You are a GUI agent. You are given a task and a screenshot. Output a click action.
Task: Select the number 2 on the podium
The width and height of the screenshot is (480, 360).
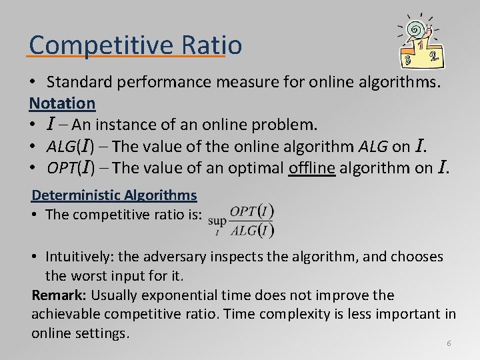pos(434,58)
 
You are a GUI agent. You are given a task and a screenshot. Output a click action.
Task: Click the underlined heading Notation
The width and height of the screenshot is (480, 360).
pos(62,103)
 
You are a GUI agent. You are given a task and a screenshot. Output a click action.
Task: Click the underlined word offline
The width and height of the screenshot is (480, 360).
pos(312,167)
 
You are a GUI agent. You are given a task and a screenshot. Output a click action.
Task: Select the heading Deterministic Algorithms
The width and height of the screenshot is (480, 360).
pos(115,195)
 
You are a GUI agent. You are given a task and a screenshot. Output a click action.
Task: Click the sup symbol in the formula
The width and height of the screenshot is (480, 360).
pos(217,219)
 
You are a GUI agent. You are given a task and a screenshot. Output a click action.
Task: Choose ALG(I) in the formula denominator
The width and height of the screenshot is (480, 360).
pos(251,230)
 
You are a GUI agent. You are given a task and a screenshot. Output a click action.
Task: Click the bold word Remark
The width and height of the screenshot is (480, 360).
pos(59,295)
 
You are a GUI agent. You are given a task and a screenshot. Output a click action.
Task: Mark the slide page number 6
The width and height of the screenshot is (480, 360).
pos(449,343)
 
